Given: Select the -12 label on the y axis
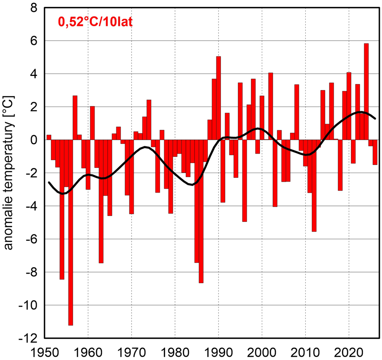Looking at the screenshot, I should pyautogui.click(x=28, y=338).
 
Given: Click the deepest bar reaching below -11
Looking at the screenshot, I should pyautogui.click(x=70, y=233).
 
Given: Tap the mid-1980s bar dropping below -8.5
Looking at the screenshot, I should pyautogui.click(x=201, y=212).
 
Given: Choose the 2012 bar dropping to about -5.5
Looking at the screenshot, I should pyautogui.click(x=314, y=186).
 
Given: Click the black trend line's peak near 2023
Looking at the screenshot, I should pyautogui.click(x=360, y=112).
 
